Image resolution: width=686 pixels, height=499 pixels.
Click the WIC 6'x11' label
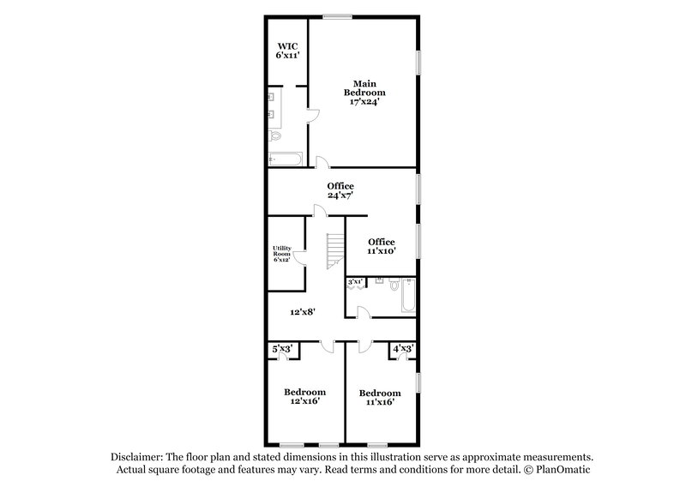tap(286, 51)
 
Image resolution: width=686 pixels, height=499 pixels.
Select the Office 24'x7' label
tap(340, 190)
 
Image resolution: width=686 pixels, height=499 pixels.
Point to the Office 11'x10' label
tap(380, 247)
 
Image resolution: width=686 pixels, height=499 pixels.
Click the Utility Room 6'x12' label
tap(282, 255)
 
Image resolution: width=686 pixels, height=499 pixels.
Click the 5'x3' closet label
tap(282, 349)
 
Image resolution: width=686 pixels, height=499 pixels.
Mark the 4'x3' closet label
tap(402, 349)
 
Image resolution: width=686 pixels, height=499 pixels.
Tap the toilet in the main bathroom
tap(275, 136)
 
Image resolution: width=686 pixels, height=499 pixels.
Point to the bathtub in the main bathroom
tap(284, 159)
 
